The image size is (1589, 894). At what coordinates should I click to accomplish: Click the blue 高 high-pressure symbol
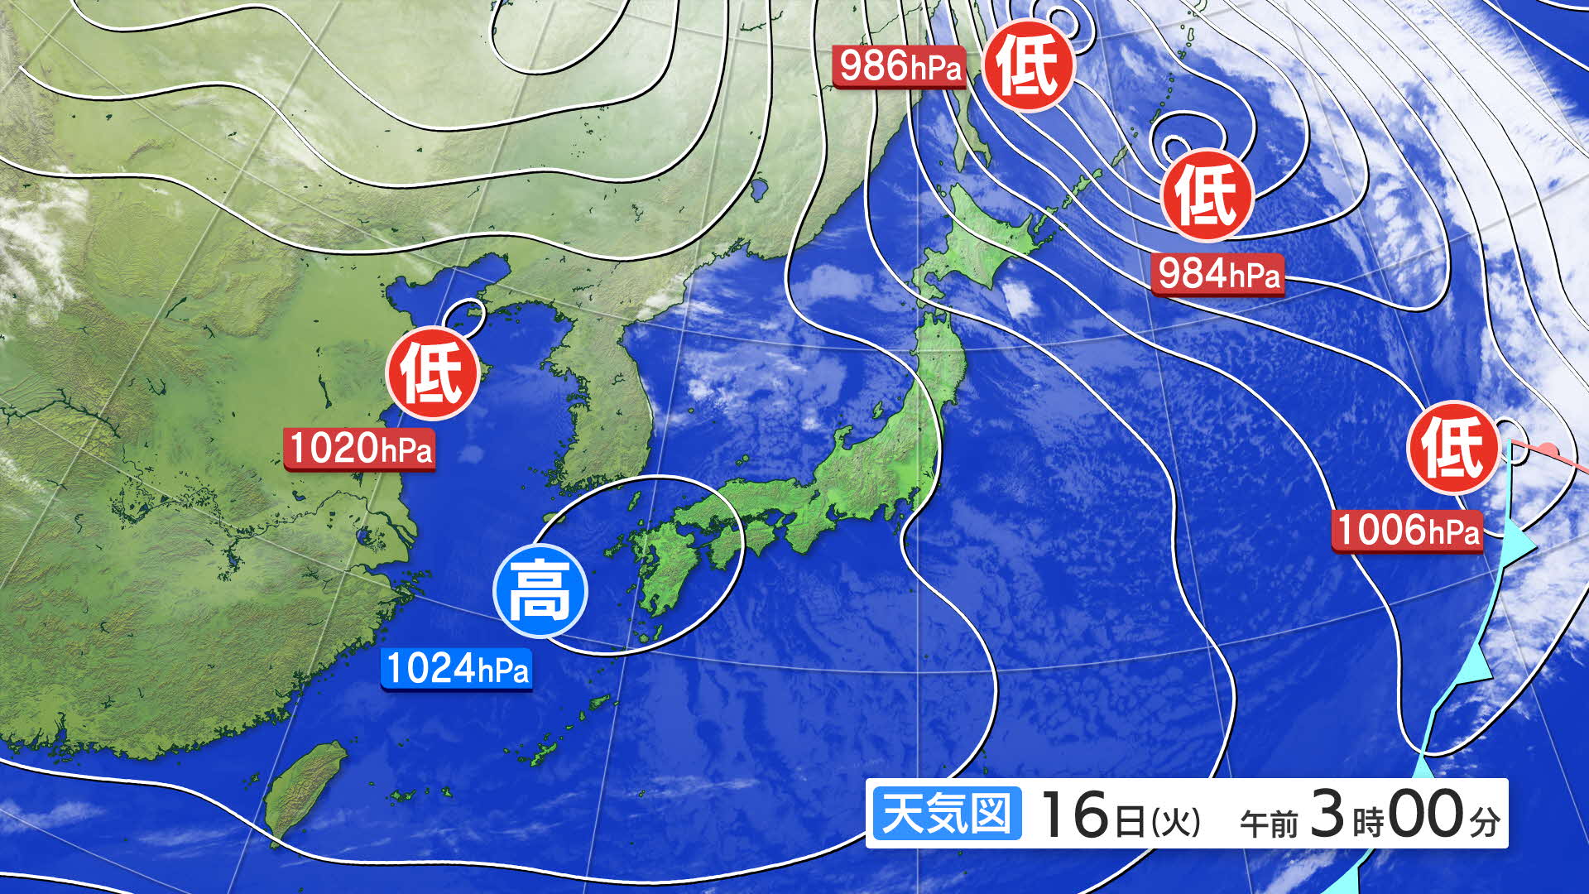[x=540, y=591]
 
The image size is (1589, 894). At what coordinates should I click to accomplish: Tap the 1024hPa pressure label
[x=456, y=669]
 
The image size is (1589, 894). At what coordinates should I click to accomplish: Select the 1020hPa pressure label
[x=360, y=449]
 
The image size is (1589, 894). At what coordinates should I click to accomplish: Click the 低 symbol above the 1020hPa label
[x=432, y=374]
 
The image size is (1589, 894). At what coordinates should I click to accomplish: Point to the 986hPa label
[x=900, y=66]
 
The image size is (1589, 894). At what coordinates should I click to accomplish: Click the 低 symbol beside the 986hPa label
[x=1028, y=66]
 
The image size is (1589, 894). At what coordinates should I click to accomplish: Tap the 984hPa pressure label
[x=1217, y=273]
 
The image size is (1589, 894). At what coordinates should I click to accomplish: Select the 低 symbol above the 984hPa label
[x=1207, y=195]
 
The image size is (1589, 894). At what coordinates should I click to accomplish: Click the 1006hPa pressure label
[x=1407, y=530]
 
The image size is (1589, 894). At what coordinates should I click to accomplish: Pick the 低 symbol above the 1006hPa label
[x=1453, y=448]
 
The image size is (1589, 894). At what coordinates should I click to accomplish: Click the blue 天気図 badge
[x=947, y=814]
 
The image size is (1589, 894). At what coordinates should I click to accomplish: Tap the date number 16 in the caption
[x=1073, y=815]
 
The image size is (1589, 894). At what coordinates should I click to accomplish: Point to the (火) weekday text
[x=1175, y=821]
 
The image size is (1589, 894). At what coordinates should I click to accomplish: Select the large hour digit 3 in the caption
[x=1327, y=814]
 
